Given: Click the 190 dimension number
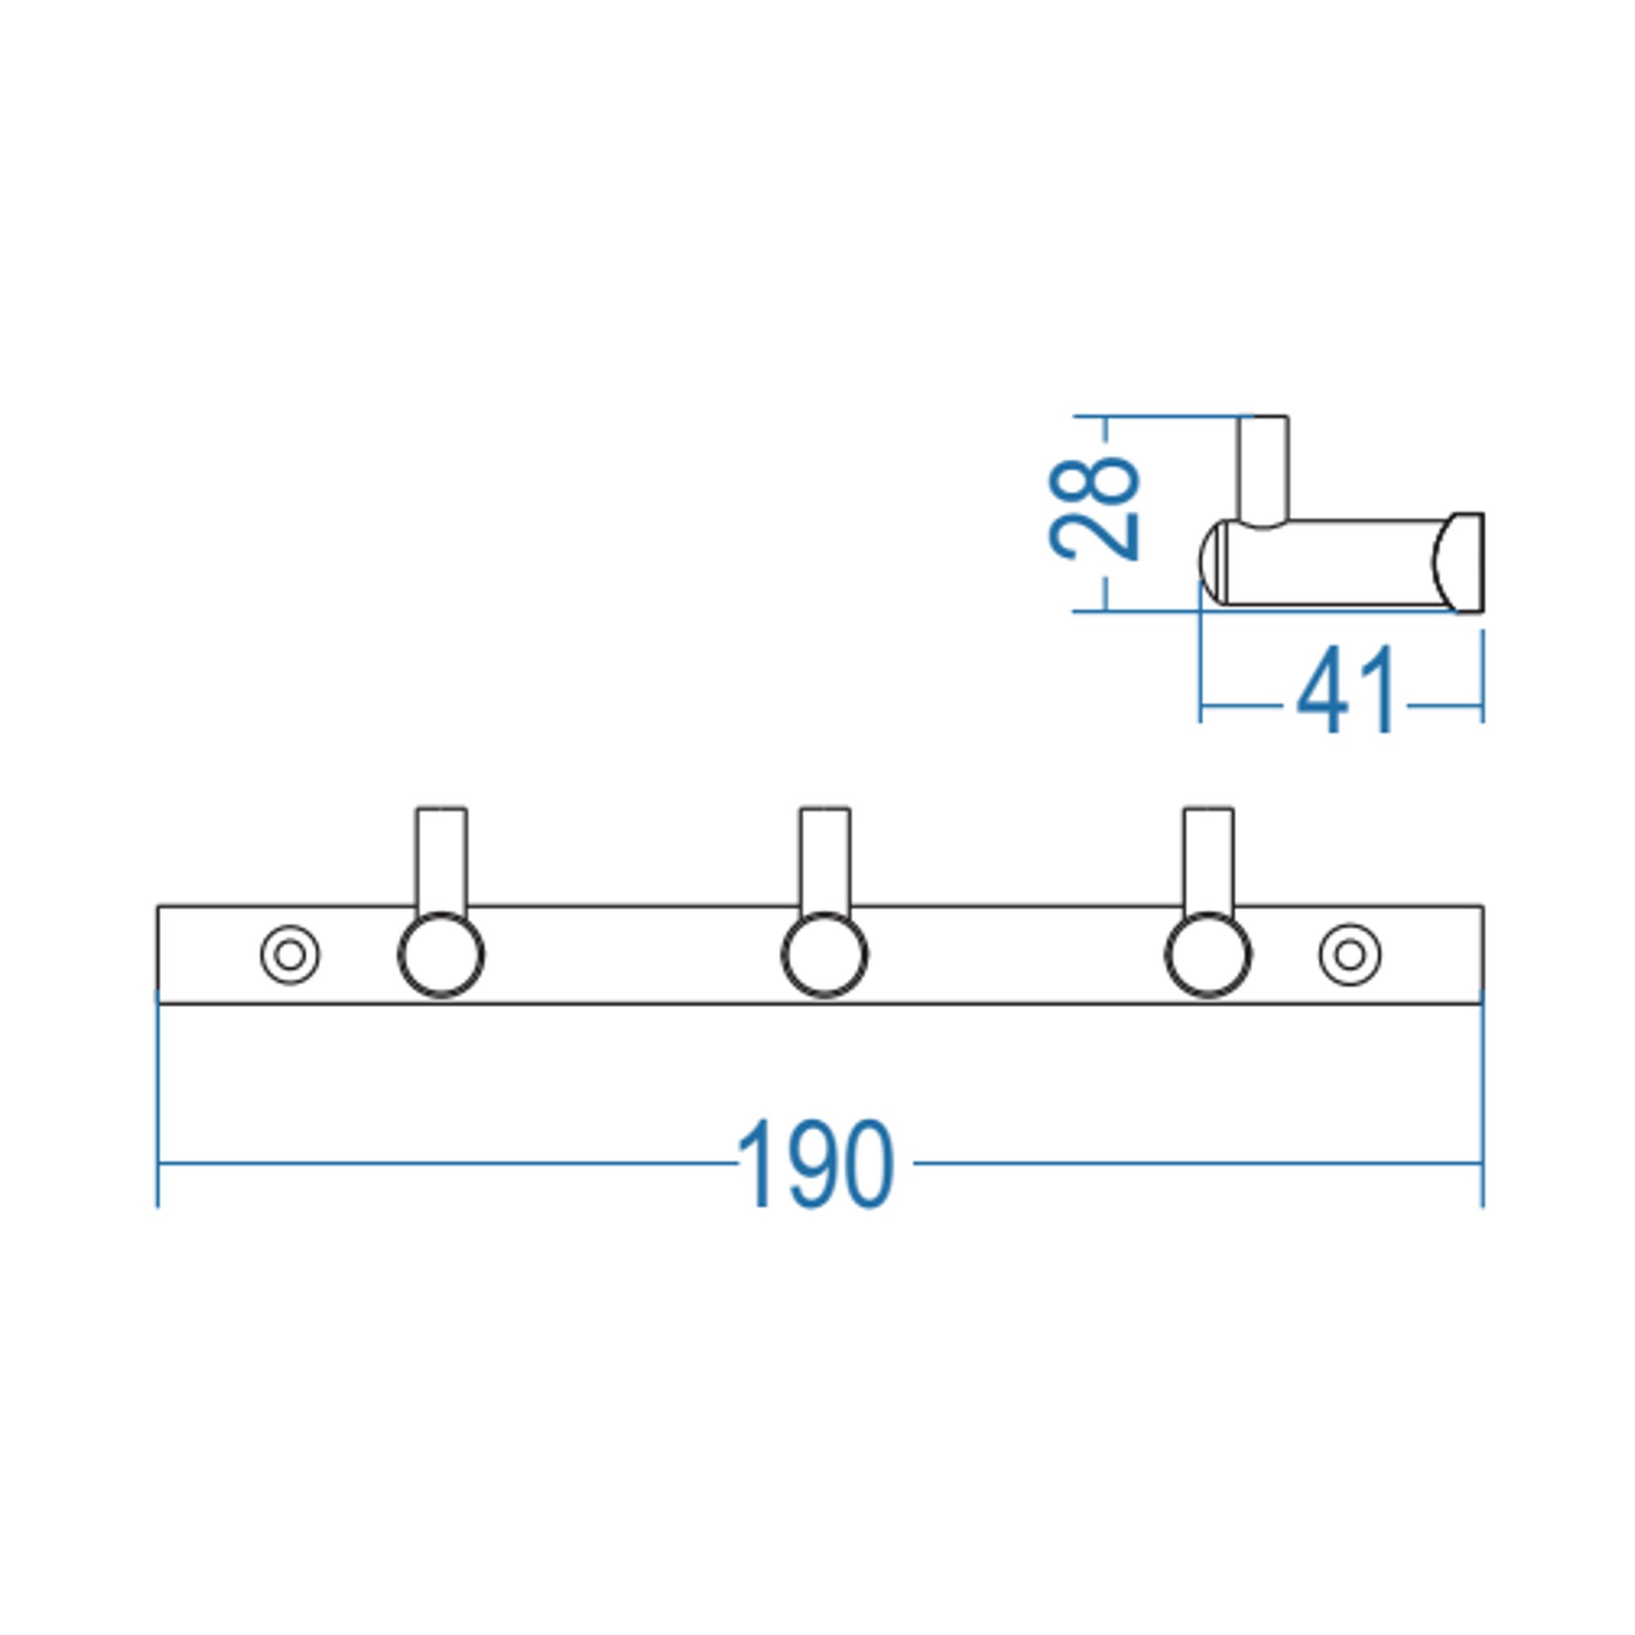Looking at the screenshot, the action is click(815, 1163).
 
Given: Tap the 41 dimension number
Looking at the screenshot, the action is click(1346, 690).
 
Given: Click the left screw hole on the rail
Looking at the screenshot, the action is click(290, 955).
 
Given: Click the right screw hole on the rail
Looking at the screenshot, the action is click(1350, 955).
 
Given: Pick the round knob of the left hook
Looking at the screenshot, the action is click(441, 956).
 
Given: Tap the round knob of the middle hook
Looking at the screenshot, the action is click(824, 956).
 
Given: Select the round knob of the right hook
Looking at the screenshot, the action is click(1207, 956).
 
